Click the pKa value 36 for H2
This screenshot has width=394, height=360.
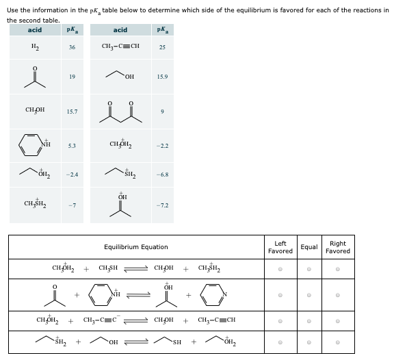point(72,47)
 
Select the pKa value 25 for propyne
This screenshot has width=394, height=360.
point(162,47)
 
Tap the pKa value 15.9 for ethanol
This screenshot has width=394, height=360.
point(162,77)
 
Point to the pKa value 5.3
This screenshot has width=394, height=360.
point(72,145)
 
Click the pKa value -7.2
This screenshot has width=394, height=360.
point(162,205)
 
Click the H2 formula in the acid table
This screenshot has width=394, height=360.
point(34,47)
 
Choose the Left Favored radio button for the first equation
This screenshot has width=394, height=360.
point(280,269)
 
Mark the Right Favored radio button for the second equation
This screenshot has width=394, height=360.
point(338,295)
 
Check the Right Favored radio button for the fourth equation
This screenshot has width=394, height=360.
point(338,342)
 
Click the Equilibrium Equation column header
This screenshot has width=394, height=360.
point(135,247)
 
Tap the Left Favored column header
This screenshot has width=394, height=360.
point(280,247)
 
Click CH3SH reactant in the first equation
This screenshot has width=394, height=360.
point(109,269)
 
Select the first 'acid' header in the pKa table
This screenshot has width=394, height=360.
point(34,30)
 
